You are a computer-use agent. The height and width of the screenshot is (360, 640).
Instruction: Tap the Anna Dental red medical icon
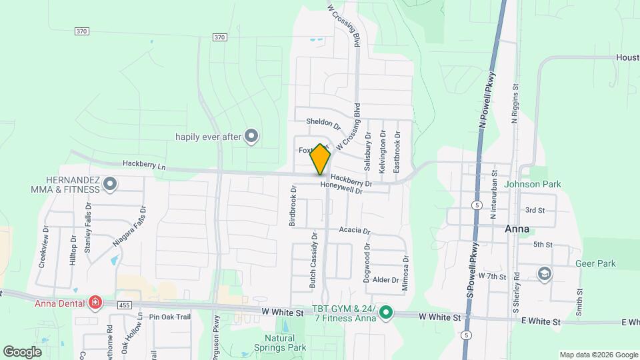pyautogui.click(x=95, y=303)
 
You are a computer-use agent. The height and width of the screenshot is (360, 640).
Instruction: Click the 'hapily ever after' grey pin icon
pyautogui.click(x=251, y=137)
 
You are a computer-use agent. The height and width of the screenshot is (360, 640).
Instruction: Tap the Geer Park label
pyautogui.click(x=597, y=263)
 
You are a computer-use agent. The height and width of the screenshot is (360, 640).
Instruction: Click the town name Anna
pyautogui.click(x=517, y=229)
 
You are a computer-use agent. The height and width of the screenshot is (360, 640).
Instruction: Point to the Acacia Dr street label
pyautogui.click(x=354, y=230)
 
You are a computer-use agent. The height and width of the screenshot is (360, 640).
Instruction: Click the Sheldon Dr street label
pyautogui.click(x=323, y=123)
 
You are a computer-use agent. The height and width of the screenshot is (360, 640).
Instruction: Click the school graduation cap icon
pyautogui.click(x=544, y=273)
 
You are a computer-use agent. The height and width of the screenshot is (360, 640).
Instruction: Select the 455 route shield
pyautogui.click(x=124, y=305)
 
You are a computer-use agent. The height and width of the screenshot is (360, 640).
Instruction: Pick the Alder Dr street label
pyautogui.click(x=385, y=280)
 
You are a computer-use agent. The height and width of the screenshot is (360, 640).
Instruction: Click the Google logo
pyautogui.click(x=22, y=351)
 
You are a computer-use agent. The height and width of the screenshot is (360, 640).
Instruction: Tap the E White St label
pyautogui.click(x=541, y=321)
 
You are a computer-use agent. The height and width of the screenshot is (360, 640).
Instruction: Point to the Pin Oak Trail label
pyautogui.click(x=170, y=317)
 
